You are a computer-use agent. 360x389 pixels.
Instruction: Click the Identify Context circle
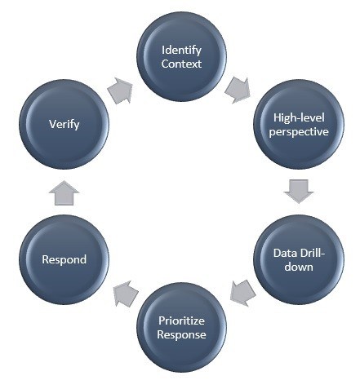pos(181,56)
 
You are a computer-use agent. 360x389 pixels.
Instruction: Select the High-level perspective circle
pos(299,124)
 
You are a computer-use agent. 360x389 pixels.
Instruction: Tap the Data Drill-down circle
pos(299,259)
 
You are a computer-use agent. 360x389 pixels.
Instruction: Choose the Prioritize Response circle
pos(181,327)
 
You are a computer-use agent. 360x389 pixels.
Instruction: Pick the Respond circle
pos(64,259)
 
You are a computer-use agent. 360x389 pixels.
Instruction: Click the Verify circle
pos(64,124)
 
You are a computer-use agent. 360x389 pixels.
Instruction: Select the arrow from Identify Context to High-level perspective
pos(238,90)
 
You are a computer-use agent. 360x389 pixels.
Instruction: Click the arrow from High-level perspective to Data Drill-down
pos(299,192)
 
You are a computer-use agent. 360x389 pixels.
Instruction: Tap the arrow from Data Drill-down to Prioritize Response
pos(242,293)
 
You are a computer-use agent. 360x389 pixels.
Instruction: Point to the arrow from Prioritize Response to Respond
pos(125,294)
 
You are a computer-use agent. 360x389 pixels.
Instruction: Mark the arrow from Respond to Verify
pos(64,192)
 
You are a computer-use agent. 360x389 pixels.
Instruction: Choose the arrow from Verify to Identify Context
pos(121,91)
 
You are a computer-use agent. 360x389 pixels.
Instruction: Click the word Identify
pos(181,51)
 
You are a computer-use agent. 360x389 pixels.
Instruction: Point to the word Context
pos(181,64)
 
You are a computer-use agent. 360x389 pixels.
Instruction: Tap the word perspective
pos(299,132)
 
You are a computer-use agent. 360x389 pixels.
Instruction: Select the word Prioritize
pos(181,320)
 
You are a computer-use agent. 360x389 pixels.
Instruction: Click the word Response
pos(181,335)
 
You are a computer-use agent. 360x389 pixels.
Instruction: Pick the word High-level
pos(299,118)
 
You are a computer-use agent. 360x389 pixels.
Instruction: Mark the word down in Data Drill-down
pos(299,267)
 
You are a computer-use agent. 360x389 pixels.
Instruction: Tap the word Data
pos(284,253)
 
